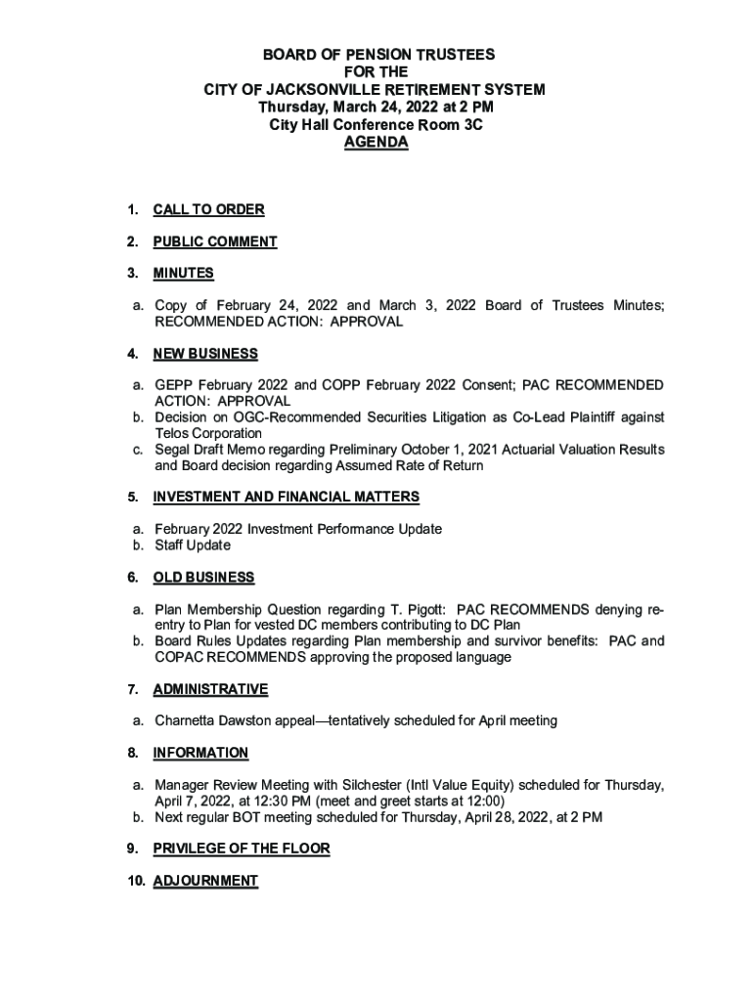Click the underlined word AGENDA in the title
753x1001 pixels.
pyautogui.click(x=376, y=143)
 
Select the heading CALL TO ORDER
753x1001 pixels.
pyautogui.click(x=208, y=209)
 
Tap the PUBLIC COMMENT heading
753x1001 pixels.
pyautogui.click(x=215, y=241)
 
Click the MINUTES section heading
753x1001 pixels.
pyautogui.click(x=183, y=273)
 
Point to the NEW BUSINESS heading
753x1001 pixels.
pyautogui.click(x=205, y=353)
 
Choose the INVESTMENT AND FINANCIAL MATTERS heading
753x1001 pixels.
pyautogui.click(x=287, y=497)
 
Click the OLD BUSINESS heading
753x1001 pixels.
pyautogui.click(x=203, y=577)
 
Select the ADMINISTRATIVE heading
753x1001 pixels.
pyautogui.click(x=210, y=689)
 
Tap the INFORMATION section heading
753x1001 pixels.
pyautogui.click(x=200, y=753)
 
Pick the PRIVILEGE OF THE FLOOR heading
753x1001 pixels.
pyautogui.click(x=242, y=849)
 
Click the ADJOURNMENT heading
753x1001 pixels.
pyautogui.click(x=205, y=881)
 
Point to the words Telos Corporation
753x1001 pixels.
pyautogui.click(x=208, y=433)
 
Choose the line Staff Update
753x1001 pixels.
pyautogui.click(x=193, y=544)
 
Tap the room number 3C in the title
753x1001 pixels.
pyautogui.click(x=471, y=125)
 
